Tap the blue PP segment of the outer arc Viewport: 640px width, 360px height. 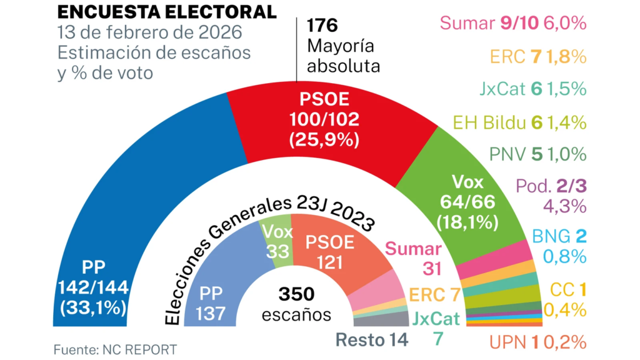[125, 206]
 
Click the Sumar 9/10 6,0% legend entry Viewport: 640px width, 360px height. [513, 24]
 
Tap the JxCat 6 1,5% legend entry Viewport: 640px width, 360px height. [531, 89]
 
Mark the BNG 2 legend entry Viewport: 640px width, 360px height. [559, 236]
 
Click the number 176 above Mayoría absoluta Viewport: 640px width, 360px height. [322, 26]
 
